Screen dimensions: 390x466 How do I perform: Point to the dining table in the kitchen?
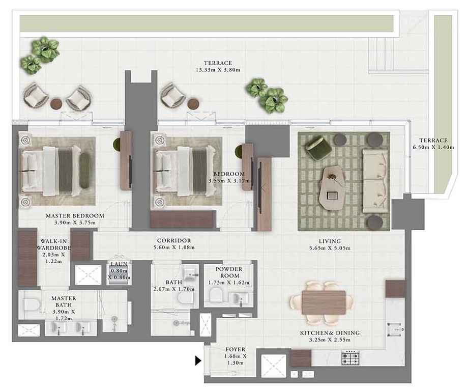[324, 302]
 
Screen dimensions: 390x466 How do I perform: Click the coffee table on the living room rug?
[332, 185]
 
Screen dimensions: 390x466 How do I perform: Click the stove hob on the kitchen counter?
[351, 357]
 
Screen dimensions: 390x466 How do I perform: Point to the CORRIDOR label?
[174, 241]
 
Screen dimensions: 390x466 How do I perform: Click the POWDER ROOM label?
[228, 272]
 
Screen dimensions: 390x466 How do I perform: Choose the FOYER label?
[236, 350]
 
